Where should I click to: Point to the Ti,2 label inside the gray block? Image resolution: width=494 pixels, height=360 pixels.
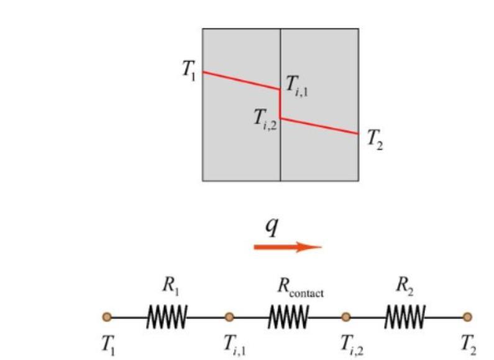coord(265,118)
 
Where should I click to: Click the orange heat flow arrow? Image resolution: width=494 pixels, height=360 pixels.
coord(288,247)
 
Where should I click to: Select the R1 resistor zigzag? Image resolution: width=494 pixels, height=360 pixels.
coord(167,317)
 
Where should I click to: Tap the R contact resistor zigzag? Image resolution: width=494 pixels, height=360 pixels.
coord(288,317)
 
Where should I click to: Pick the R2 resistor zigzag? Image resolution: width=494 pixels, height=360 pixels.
coord(405,317)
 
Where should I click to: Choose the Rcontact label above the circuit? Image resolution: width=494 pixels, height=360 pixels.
coord(300,287)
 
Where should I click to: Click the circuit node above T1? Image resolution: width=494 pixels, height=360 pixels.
coord(107,317)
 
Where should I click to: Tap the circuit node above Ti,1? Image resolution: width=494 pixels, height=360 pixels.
coord(229,317)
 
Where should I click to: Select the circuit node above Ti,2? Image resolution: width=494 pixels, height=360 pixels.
coord(345,317)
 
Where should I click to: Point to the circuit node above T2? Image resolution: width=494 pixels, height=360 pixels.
coord(467,317)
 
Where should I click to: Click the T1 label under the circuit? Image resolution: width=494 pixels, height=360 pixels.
coord(108,344)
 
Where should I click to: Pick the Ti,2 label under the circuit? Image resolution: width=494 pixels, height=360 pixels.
coord(352,344)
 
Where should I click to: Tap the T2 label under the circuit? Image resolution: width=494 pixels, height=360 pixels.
coord(467,344)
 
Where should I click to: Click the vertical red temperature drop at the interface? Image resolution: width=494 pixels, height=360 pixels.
coord(280,103)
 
